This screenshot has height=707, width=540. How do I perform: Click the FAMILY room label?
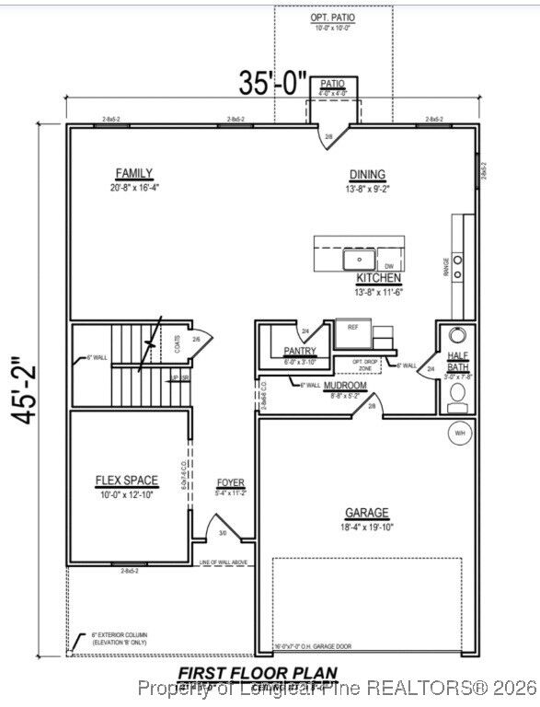coord(134,174)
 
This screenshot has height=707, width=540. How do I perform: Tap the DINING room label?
coord(367,175)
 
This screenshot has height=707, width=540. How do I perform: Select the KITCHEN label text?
coord(379,278)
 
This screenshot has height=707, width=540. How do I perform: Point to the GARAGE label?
coord(367,513)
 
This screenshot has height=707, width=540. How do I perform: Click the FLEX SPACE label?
coord(127,481)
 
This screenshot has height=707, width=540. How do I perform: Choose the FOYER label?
coord(230,482)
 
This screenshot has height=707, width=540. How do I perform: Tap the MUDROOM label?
coord(345,385)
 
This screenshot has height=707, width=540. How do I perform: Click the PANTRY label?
coord(300,351)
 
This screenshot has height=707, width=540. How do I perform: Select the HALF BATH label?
coord(458,361)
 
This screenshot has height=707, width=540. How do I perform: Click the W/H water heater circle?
coord(458,432)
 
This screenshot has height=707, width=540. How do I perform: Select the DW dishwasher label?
coord(388,266)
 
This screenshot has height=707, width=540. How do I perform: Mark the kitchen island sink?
coord(356,260)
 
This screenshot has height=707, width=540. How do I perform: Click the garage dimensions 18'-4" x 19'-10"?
coord(367,527)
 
